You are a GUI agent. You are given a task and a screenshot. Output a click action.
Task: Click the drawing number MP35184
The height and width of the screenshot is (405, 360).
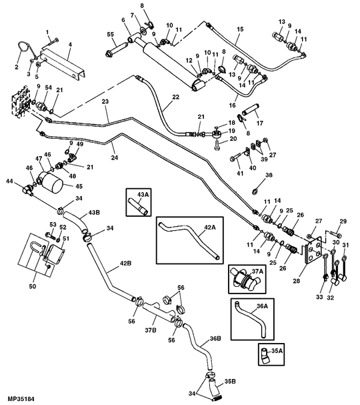pos(18,398)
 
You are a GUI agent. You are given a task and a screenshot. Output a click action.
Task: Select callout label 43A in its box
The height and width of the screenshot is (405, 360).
pos(142,195)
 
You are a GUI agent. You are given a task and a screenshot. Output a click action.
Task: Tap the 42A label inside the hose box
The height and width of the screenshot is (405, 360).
pos(210,227)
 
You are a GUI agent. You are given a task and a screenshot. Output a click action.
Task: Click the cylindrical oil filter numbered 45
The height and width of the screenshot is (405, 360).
pos(49,180)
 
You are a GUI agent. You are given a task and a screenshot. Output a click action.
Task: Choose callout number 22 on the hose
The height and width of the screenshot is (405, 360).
pos(175,97)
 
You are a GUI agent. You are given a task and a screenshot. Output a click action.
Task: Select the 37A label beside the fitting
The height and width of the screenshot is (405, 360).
pos(257,271)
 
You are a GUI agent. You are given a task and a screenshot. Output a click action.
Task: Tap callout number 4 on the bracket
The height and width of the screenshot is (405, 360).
pos(70,45)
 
